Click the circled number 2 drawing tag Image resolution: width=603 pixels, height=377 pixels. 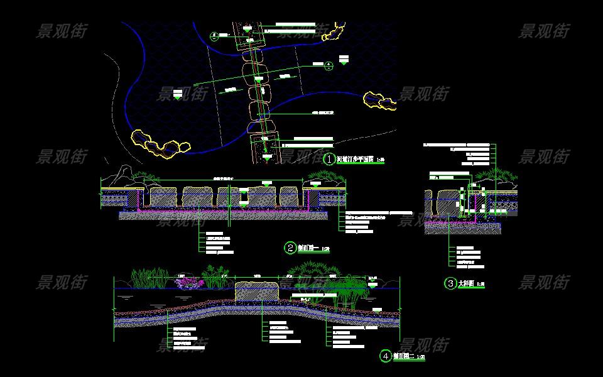pyautogui.click(x=290, y=248)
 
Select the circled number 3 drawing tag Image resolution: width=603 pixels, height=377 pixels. pyautogui.click(x=450, y=283)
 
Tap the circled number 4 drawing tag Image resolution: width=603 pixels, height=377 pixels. pyautogui.click(x=385, y=356)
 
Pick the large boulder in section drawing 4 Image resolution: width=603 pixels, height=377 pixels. pyautogui.click(x=257, y=292)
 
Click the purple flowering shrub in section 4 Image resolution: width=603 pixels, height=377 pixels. pyautogui.click(x=186, y=283)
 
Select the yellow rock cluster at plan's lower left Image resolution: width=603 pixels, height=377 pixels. pyautogui.click(x=160, y=143)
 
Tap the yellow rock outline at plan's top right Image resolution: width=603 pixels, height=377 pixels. pyautogui.click(x=334, y=32)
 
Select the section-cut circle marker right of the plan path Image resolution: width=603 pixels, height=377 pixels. pyautogui.click(x=329, y=64)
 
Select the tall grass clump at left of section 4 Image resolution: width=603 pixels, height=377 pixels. pyautogui.click(x=148, y=278)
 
